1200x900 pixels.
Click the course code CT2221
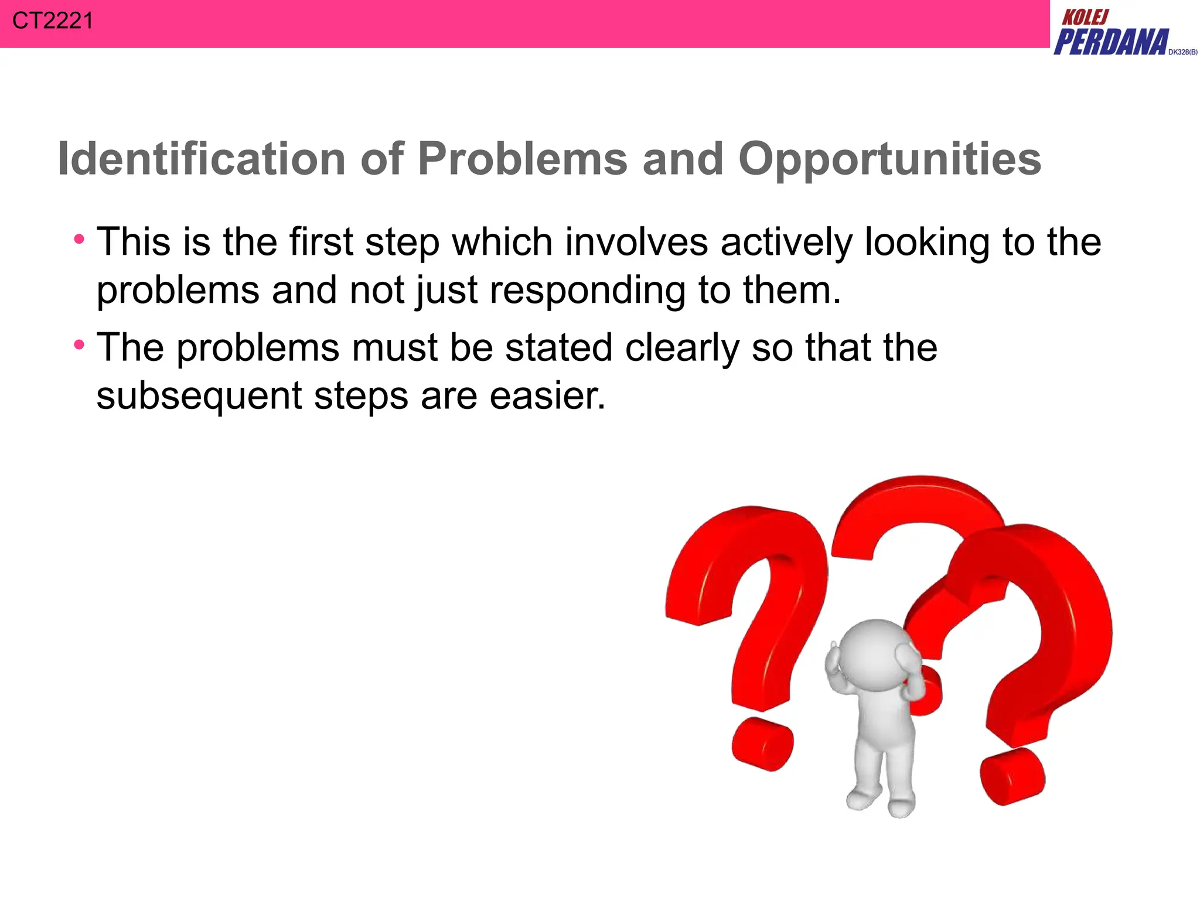tap(52, 21)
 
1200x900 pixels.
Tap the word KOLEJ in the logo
tap(1085, 18)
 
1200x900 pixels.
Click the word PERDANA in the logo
tap(1111, 42)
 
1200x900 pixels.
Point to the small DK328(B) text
tap(1182, 52)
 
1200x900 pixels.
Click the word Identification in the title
tap(202, 159)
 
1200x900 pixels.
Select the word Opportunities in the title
tap(889, 160)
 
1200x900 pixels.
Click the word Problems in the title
tap(522, 159)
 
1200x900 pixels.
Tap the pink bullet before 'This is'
tap(79, 239)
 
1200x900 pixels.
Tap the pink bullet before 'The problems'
tap(79, 345)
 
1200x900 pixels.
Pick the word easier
tap(547, 396)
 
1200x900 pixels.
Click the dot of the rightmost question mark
tap(1012, 776)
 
